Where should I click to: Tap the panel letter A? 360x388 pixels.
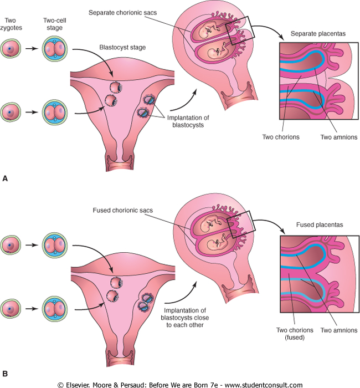coord(6,178)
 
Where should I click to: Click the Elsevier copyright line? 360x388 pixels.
coord(180,383)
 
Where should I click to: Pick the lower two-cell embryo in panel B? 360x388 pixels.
coord(55,307)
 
